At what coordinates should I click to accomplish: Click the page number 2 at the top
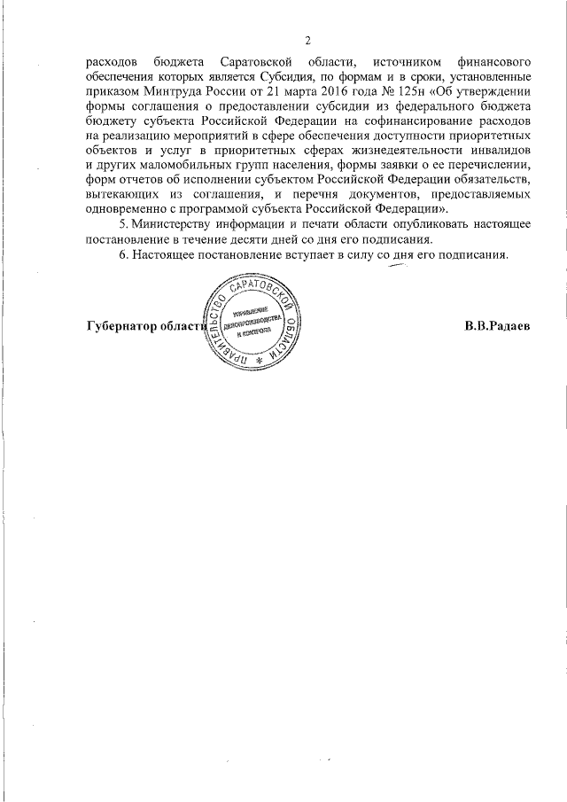[307, 41]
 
